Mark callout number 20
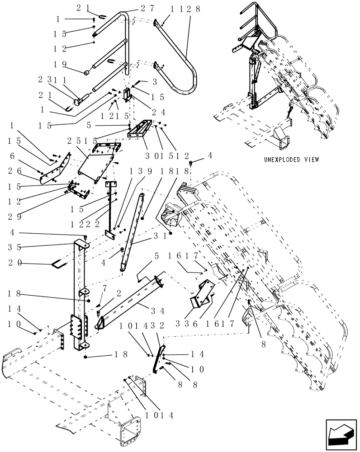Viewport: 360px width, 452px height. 14,263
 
